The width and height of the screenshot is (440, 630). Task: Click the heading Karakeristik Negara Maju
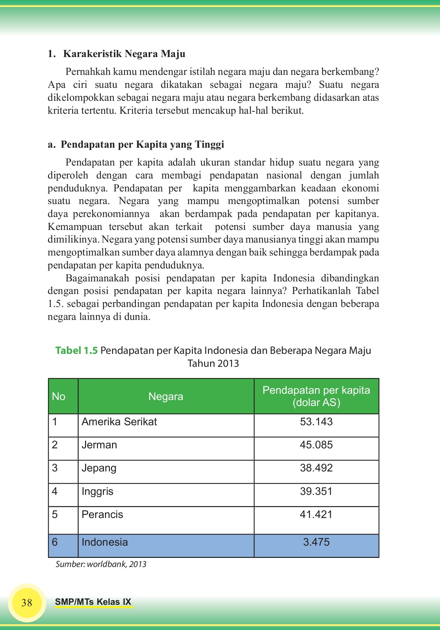click(124, 54)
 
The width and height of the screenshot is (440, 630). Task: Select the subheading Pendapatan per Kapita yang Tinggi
click(142, 145)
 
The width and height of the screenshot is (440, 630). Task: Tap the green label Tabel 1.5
click(76, 350)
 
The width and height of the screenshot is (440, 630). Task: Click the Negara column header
click(166, 397)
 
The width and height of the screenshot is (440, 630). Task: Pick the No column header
click(59, 397)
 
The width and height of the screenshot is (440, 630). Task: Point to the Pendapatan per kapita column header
click(316, 396)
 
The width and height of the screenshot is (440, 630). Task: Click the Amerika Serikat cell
click(119, 422)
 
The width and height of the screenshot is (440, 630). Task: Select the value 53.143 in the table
click(316, 422)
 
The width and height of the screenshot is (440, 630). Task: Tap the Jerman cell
click(99, 445)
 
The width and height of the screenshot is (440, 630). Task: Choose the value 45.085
click(316, 445)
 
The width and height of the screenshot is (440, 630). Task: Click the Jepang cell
click(99, 468)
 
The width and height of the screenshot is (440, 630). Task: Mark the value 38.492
click(316, 468)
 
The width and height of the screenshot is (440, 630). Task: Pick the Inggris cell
click(98, 491)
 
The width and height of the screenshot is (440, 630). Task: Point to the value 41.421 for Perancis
click(316, 514)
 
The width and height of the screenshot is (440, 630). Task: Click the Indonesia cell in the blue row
click(105, 542)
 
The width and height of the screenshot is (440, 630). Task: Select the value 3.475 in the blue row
click(316, 542)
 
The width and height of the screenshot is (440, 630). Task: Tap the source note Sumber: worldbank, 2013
click(101, 564)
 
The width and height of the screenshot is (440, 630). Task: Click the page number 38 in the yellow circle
click(27, 603)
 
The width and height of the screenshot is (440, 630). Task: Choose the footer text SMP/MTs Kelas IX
click(93, 602)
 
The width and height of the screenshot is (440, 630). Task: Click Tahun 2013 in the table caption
click(213, 363)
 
